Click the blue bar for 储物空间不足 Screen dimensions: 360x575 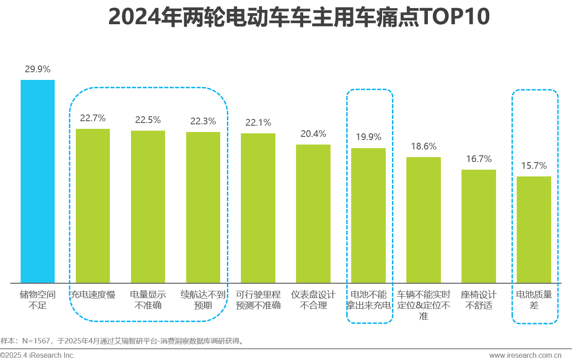38,181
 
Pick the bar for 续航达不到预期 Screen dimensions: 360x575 203,207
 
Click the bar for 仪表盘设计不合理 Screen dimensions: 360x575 313,214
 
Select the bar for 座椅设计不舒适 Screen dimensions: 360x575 479,226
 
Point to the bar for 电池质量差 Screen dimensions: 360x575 534,229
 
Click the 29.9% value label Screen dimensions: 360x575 38,70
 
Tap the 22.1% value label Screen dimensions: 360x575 258,123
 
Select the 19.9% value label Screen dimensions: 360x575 368,137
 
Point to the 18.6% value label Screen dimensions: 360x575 423,146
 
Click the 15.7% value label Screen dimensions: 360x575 534,166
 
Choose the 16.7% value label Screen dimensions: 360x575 479,159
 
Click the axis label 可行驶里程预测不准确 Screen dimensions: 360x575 258,300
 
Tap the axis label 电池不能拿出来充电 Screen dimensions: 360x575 368,300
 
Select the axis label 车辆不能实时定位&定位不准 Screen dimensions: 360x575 423,305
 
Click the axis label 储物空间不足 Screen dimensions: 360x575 38,300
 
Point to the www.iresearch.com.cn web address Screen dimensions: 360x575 525,355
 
